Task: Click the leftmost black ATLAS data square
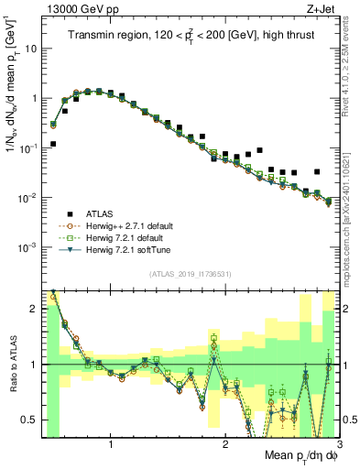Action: [x=53, y=144]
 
